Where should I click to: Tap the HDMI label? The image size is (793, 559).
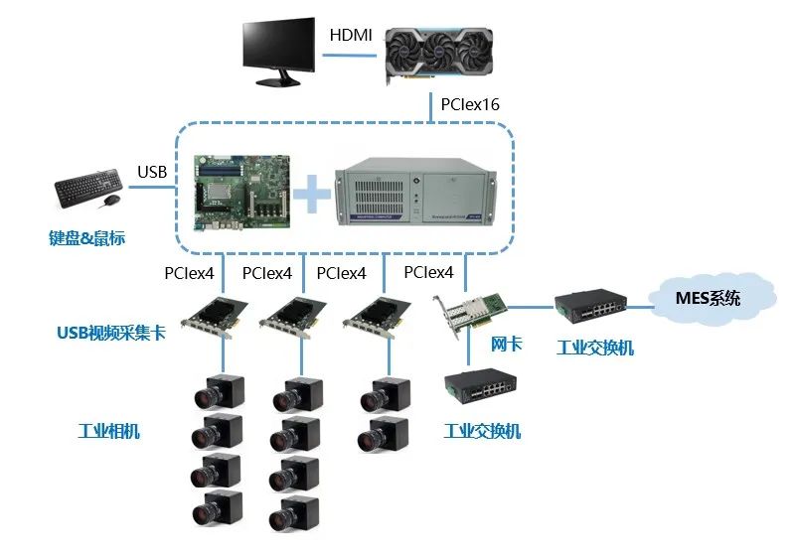(x=351, y=36)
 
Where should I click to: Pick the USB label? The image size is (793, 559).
(x=152, y=173)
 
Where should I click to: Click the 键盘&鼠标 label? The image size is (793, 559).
(x=86, y=238)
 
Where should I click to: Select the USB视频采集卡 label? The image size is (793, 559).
(x=110, y=333)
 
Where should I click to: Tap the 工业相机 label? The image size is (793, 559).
(x=108, y=431)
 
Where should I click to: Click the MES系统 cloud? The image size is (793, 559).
(x=709, y=297)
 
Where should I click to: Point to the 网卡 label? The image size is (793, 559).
(x=506, y=345)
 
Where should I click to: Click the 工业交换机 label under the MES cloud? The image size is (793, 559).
(x=594, y=349)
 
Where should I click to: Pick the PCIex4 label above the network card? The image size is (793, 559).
(x=429, y=272)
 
